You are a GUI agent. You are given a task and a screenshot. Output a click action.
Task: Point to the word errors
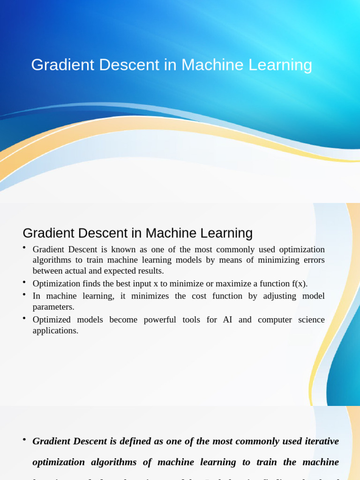pos(313,260)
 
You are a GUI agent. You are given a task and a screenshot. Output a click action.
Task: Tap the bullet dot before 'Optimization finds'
pos(24,282)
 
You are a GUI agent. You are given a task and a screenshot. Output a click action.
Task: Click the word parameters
pos(53,307)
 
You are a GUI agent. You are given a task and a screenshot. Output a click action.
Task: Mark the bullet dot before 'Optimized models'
pos(24,318)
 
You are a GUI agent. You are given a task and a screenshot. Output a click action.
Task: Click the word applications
pos(55,330)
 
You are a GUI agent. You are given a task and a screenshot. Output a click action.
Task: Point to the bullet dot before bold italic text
pos(24,440)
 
